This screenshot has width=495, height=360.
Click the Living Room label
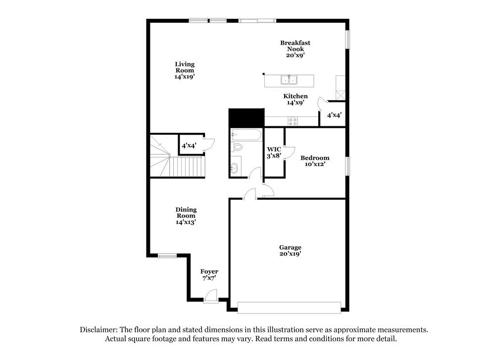pos(185,70)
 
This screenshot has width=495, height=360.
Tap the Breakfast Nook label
pos(295,49)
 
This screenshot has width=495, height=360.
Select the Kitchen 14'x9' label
pos(296,99)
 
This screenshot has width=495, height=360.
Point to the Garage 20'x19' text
pos(290,250)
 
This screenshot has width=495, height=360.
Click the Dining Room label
pos(186,216)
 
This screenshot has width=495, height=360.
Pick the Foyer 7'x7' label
pos(209,275)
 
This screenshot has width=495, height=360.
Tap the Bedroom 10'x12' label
pos(315,161)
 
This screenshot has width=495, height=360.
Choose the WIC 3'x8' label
pos(274,152)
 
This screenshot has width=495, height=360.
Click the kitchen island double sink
pos(289,80)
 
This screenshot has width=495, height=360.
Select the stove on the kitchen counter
pos(293,120)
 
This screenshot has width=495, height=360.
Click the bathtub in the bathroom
pos(246,135)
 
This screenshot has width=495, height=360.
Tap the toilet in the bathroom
pos(238,147)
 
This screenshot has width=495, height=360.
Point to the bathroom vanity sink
pos(234,168)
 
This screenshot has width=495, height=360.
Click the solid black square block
pos(246,118)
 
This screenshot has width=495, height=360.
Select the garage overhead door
pos(289,308)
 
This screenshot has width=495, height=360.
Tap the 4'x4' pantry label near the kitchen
pos(334,115)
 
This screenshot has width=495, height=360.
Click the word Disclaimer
pos(98,330)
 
